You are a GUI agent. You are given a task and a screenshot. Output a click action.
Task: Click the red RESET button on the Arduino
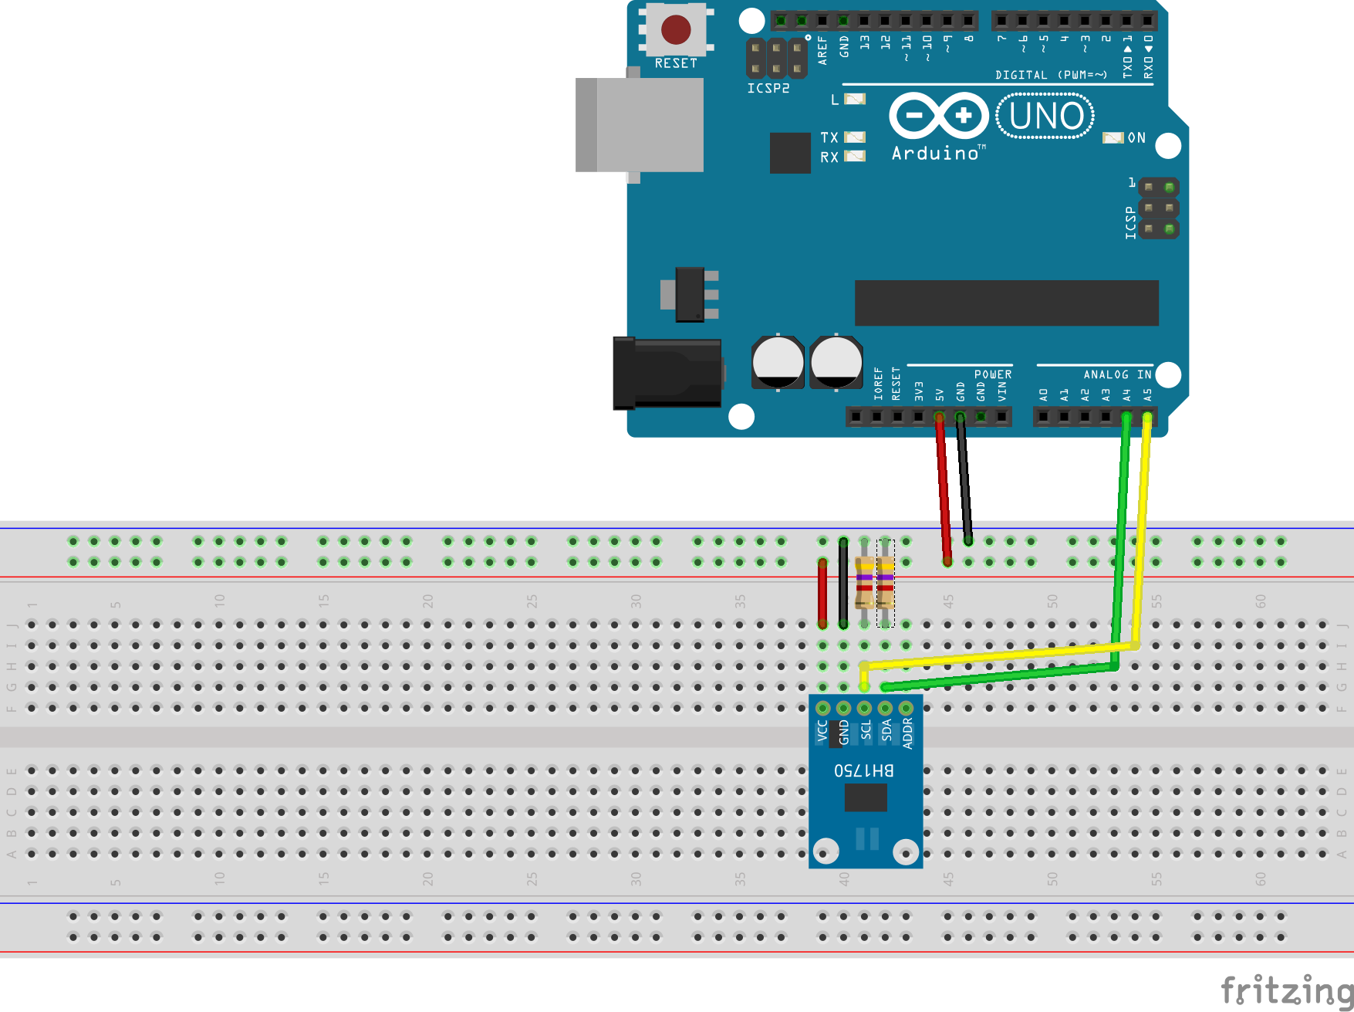coord(676,30)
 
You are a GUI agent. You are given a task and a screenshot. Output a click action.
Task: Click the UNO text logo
coord(1045,117)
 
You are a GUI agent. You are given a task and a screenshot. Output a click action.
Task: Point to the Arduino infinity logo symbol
coord(938,116)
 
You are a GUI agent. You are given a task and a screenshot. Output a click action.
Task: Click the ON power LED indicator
coord(1113,137)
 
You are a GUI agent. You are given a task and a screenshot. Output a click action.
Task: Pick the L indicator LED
coord(855,99)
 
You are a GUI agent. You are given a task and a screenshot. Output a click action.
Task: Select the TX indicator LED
coord(854,137)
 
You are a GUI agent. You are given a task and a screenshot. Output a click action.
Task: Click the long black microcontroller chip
coord(1006,303)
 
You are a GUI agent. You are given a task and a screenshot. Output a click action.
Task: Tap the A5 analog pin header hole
coord(1147,418)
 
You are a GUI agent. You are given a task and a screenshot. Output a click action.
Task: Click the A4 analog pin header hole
coord(1126,418)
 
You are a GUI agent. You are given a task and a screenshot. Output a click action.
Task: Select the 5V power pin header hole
coord(939,418)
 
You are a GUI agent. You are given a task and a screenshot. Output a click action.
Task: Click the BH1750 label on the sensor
coord(864,770)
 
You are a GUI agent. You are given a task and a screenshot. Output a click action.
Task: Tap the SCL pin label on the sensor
coord(866,730)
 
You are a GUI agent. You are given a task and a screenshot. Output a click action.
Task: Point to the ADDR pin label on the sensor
coord(907,733)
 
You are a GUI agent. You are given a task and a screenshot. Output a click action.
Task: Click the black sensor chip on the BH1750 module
coord(866,797)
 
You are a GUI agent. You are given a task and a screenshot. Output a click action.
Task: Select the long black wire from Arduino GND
coord(964,479)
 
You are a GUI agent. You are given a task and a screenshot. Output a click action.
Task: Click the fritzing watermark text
coord(1285,990)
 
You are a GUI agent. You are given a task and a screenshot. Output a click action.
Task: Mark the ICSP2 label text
coord(768,88)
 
